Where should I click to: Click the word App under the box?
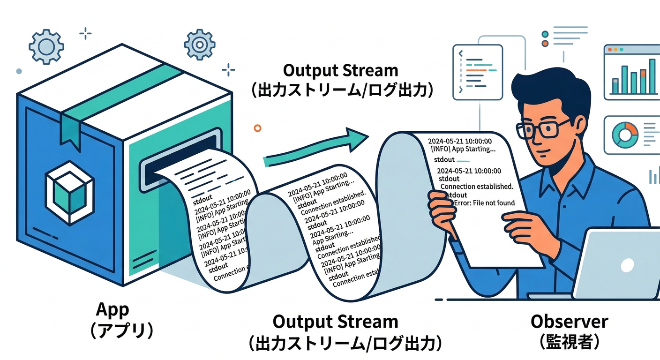point(112,310)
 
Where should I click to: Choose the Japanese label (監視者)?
point(569,342)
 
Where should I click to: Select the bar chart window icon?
point(631,72)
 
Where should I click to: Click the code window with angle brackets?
point(477,70)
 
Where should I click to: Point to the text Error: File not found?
point(485,203)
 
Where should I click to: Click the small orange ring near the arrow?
point(256,127)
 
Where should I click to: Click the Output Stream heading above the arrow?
point(341,71)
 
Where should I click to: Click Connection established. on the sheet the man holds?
point(477,186)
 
